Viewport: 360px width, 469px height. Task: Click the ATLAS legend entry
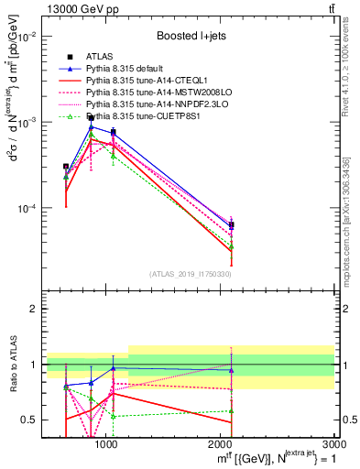tap(99, 58)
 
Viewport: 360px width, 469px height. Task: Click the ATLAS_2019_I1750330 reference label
tap(190, 274)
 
